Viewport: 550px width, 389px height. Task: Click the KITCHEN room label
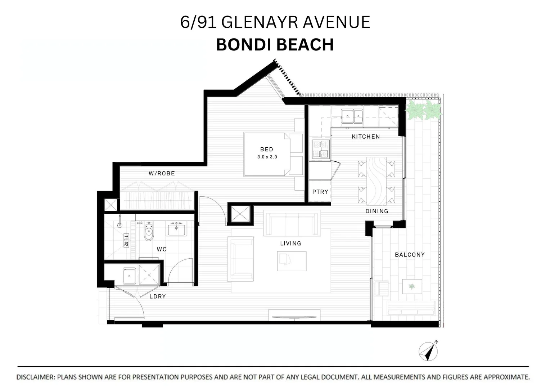tap(365, 137)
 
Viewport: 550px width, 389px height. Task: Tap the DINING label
tap(377, 211)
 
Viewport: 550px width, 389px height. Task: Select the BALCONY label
tap(410, 255)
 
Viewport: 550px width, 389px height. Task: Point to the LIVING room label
tap(290, 243)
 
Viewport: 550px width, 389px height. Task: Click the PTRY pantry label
tap(320, 192)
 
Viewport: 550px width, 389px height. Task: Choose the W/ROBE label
tap(162, 174)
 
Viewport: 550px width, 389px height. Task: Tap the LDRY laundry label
tap(157, 296)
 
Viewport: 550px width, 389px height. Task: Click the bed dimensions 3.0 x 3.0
tap(267, 157)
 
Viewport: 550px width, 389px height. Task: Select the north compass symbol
tap(428, 350)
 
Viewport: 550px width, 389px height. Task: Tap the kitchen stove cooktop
tap(320, 149)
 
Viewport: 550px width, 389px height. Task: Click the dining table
tap(376, 180)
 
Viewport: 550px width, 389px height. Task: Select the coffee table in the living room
tap(292, 261)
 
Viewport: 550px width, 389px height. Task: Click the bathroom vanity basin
tap(176, 228)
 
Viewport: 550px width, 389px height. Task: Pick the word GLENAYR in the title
tap(260, 22)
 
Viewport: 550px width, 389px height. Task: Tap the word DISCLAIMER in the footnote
tap(35, 377)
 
